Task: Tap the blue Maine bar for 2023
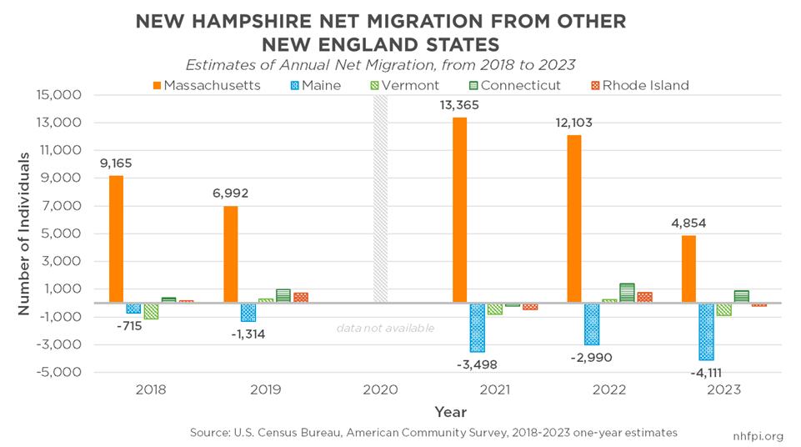[x=706, y=331]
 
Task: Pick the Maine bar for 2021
[x=477, y=327]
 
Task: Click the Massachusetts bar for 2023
[x=688, y=269]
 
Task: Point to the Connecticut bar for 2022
[x=626, y=293]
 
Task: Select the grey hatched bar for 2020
[x=380, y=199]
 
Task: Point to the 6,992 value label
[x=231, y=193]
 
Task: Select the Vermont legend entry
[x=408, y=85]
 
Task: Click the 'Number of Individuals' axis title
[x=24, y=234]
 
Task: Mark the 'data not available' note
[x=385, y=328]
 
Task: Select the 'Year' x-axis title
[x=450, y=412]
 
